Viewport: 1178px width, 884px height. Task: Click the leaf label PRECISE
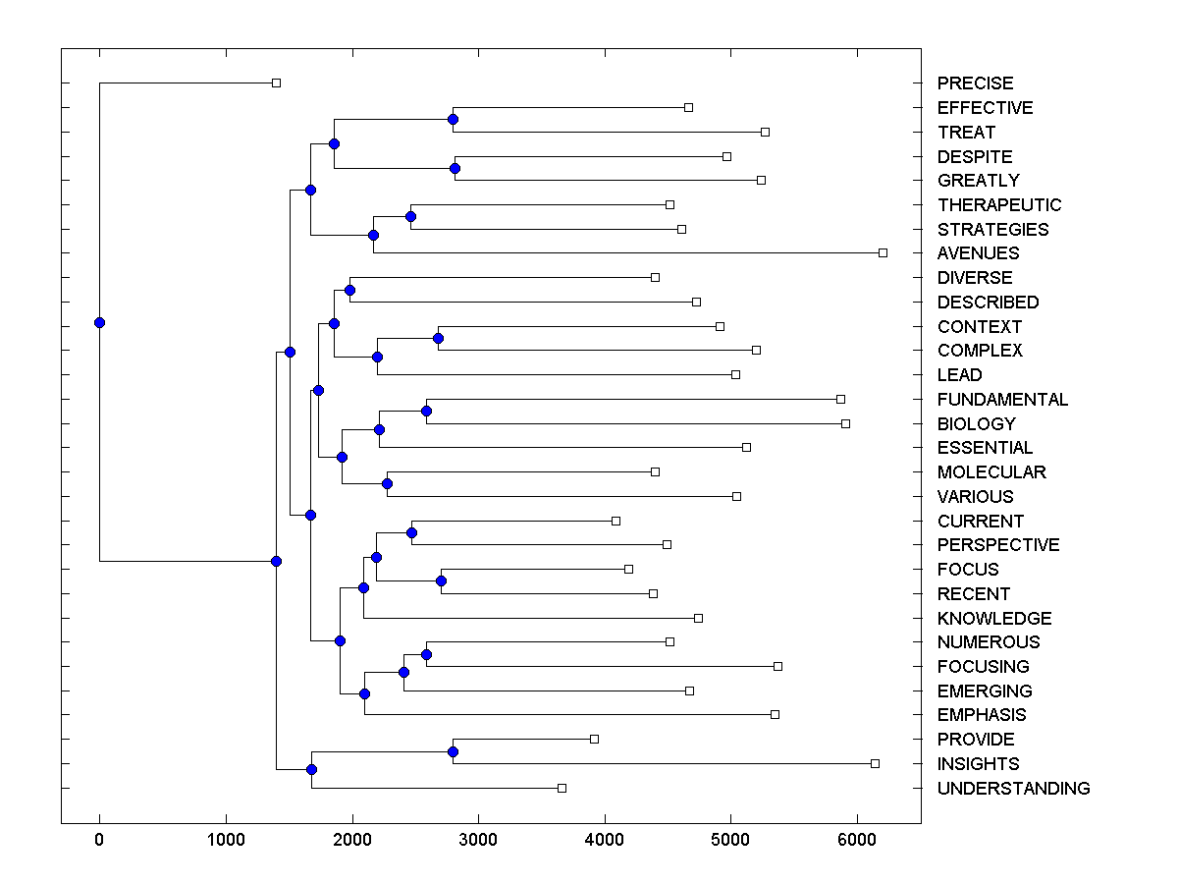click(975, 83)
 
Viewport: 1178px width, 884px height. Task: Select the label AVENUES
click(978, 253)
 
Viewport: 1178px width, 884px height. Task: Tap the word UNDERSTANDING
click(1013, 789)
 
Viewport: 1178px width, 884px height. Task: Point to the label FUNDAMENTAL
click(1002, 400)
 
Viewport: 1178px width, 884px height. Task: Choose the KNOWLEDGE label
click(993, 619)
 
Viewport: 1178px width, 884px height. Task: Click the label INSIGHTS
click(978, 764)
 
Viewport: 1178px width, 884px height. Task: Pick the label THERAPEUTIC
click(999, 205)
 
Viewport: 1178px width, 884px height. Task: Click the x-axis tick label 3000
click(478, 841)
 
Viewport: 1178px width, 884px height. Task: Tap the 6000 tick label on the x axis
click(857, 841)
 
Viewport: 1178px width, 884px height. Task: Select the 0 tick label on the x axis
click(99, 841)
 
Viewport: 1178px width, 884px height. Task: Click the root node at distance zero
click(99, 322)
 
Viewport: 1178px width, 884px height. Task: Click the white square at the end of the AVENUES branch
click(883, 253)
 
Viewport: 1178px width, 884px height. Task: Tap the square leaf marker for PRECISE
click(276, 83)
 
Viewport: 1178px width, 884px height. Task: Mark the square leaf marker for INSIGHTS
click(875, 763)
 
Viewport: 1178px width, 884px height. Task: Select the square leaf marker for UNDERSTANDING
click(562, 788)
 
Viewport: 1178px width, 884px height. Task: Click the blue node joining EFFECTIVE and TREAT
click(453, 120)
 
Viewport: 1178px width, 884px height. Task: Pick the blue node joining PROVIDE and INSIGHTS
click(453, 751)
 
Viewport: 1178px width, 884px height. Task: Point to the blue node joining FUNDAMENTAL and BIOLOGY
click(426, 412)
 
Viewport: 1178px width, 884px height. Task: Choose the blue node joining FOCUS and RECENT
click(441, 581)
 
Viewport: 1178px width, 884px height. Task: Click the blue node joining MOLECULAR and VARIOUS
click(387, 484)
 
